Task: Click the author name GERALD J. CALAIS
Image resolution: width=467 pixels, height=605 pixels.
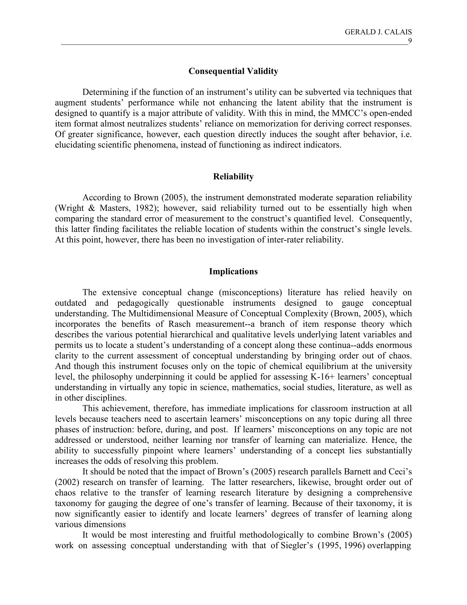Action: pos(378,32)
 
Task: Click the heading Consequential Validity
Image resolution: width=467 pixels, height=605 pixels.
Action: pos(233,71)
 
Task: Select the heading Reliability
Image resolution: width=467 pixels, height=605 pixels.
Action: pos(233,177)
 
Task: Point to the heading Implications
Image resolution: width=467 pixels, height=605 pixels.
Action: pos(233,271)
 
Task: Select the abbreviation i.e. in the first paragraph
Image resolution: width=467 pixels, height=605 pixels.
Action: pos(406,134)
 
